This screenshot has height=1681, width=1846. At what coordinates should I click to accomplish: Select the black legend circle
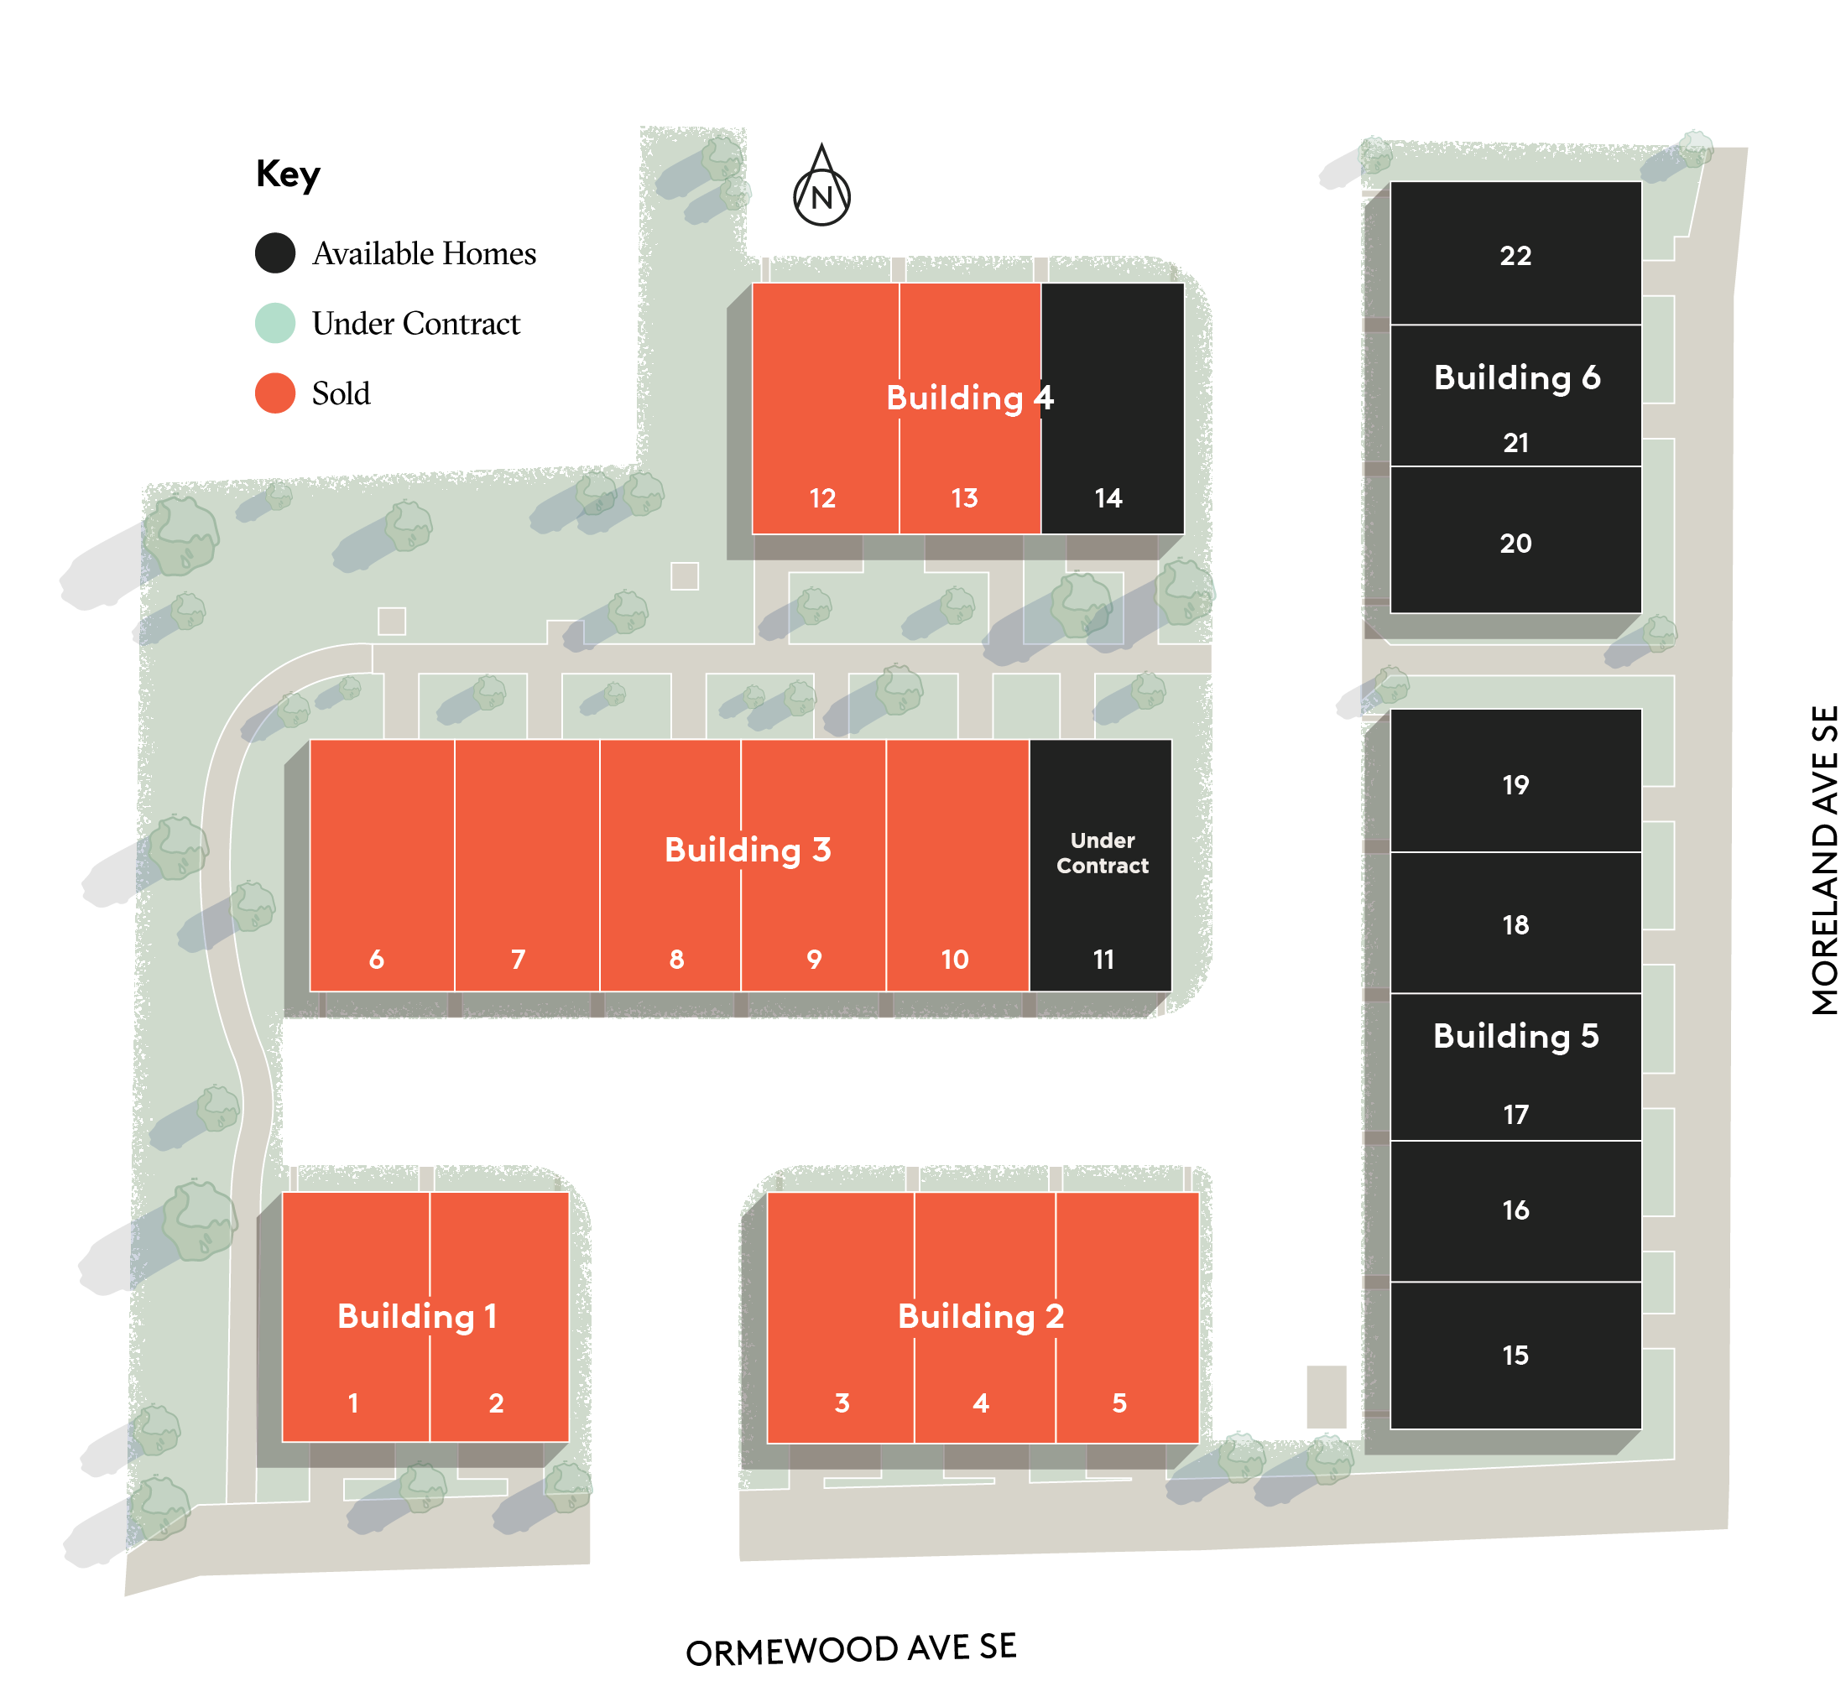point(274,252)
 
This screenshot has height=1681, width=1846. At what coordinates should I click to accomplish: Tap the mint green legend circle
point(274,322)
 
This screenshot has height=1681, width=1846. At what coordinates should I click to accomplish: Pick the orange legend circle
point(274,393)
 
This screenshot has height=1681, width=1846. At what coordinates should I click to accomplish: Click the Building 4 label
point(970,398)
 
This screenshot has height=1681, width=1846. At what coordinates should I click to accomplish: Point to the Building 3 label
point(747,850)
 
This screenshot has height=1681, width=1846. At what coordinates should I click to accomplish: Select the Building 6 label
point(1516,377)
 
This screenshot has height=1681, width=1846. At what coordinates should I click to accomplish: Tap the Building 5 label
point(1515,1035)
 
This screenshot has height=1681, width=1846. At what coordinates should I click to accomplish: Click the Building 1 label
point(417,1315)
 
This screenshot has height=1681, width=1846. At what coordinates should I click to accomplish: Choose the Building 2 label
point(981,1315)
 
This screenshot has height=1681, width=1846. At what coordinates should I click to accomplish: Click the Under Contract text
point(1103,852)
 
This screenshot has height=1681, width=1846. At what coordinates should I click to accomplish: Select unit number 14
point(1108,498)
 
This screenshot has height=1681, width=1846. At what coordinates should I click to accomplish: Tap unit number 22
point(1515,256)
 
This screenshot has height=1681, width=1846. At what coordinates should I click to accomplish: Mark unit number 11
point(1103,960)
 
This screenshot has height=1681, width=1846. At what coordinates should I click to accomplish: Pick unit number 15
point(1515,1355)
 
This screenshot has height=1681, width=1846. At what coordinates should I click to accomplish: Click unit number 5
point(1119,1403)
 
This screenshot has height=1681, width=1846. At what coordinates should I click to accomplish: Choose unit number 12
point(822,498)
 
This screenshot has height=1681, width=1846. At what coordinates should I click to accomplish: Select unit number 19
point(1515,784)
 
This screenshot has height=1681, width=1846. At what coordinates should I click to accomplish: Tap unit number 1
point(353,1403)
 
